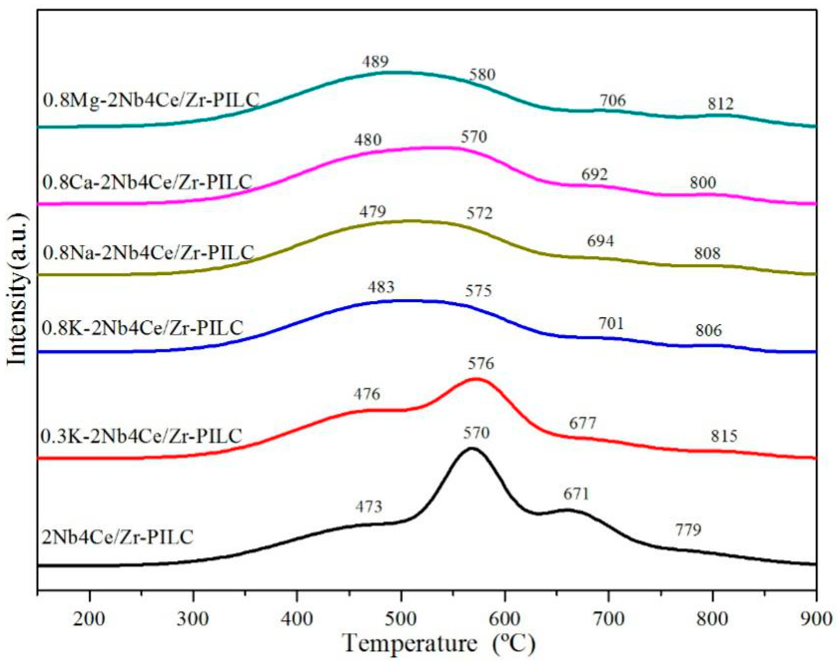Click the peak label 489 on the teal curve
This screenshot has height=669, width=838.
pos(375,62)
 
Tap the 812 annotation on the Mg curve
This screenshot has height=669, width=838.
pos(720,104)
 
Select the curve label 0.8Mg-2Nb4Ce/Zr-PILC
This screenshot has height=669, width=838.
pos(151,100)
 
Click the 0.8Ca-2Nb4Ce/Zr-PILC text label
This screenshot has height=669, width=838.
pos(147,181)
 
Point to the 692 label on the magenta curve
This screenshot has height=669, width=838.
pos(594,174)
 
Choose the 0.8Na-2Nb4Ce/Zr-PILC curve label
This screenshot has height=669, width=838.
pos(148,253)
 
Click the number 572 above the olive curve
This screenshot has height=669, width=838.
pos(479,213)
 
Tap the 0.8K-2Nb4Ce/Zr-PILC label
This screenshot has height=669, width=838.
pos(142,328)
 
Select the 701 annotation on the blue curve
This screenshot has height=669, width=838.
pos(611,323)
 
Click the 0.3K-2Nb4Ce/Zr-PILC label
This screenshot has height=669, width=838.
pos(141,436)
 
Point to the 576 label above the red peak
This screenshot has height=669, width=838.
pos(481,363)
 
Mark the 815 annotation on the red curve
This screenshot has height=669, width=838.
pos(724,436)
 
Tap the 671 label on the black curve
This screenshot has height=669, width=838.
pos(576,494)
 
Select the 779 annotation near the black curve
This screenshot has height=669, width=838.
pos(688,529)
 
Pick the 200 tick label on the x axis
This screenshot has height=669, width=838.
pos(90,618)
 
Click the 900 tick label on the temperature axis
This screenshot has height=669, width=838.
pos(818,618)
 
